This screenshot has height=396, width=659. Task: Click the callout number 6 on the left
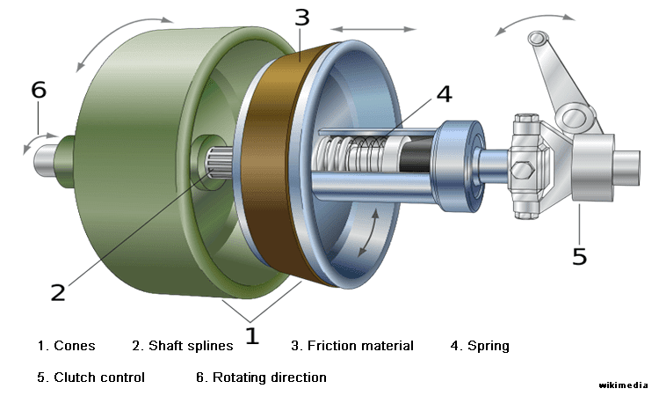(38, 90)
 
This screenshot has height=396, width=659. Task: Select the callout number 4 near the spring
(445, 93)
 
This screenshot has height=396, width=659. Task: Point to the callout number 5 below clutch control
(579, 255)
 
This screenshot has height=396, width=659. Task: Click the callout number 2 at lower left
(58, 292)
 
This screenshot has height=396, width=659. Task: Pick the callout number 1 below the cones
(252, 335)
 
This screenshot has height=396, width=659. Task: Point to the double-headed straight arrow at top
(373, 29)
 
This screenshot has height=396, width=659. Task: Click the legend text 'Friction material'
(360, 346)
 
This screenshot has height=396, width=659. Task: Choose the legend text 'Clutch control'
(99, 378)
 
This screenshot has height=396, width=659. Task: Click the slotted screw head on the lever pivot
(572, 115)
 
